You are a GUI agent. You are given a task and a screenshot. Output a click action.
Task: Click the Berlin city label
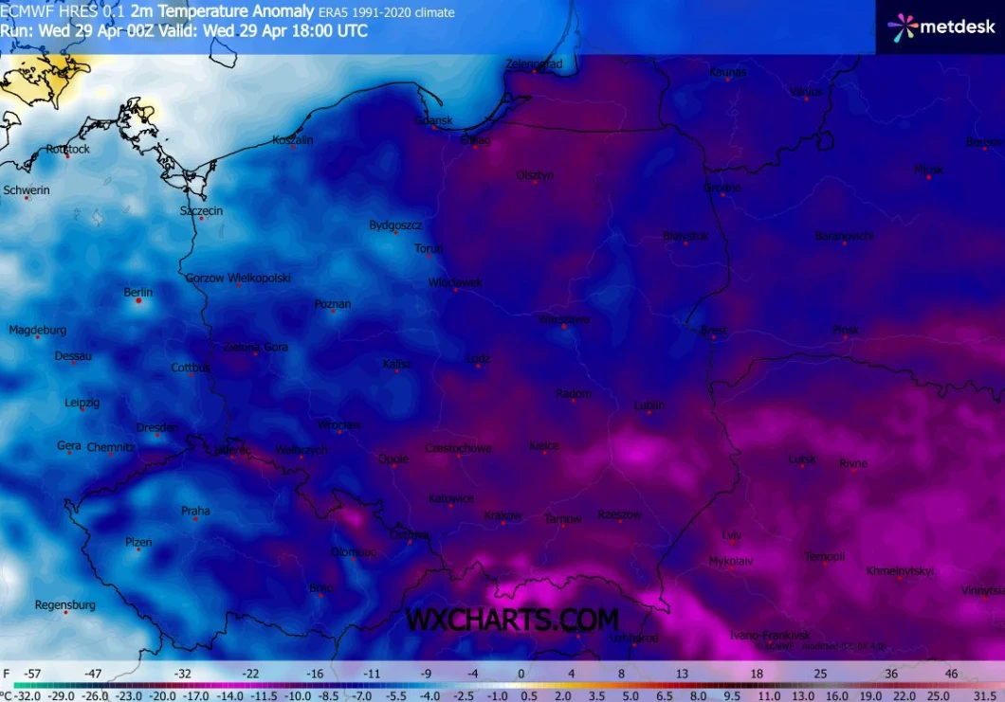[137, 292]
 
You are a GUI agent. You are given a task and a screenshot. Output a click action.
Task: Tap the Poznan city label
[333, 304]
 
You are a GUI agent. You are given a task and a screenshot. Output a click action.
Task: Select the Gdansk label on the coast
[434, 120]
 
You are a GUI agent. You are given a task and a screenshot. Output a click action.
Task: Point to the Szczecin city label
[201, 210]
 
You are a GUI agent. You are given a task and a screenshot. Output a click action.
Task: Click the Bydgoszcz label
[395, 225]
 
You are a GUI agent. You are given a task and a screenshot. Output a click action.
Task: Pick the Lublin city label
[649, 405]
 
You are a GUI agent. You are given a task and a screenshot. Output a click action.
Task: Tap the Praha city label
[195, 512]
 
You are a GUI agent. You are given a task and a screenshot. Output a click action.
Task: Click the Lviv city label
[731, 534]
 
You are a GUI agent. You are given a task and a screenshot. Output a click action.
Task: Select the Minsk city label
[928, 170]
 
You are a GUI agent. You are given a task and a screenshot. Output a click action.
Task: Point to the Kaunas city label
[727, 72]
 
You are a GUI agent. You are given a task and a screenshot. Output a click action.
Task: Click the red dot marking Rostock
[67, 155]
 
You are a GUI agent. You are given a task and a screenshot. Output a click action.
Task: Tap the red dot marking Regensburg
[65, 613]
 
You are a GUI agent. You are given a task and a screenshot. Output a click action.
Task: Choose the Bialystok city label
[685, 234]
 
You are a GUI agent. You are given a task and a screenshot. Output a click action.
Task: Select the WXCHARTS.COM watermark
[512, 620]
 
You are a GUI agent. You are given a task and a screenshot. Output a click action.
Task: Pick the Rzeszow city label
[619, 514]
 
